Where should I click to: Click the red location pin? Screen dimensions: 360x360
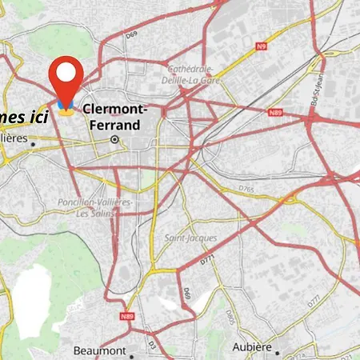(x=66, y=78)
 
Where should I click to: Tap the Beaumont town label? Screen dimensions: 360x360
(x=98, y=350)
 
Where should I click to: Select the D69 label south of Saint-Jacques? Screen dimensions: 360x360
(x=186, y=294)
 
